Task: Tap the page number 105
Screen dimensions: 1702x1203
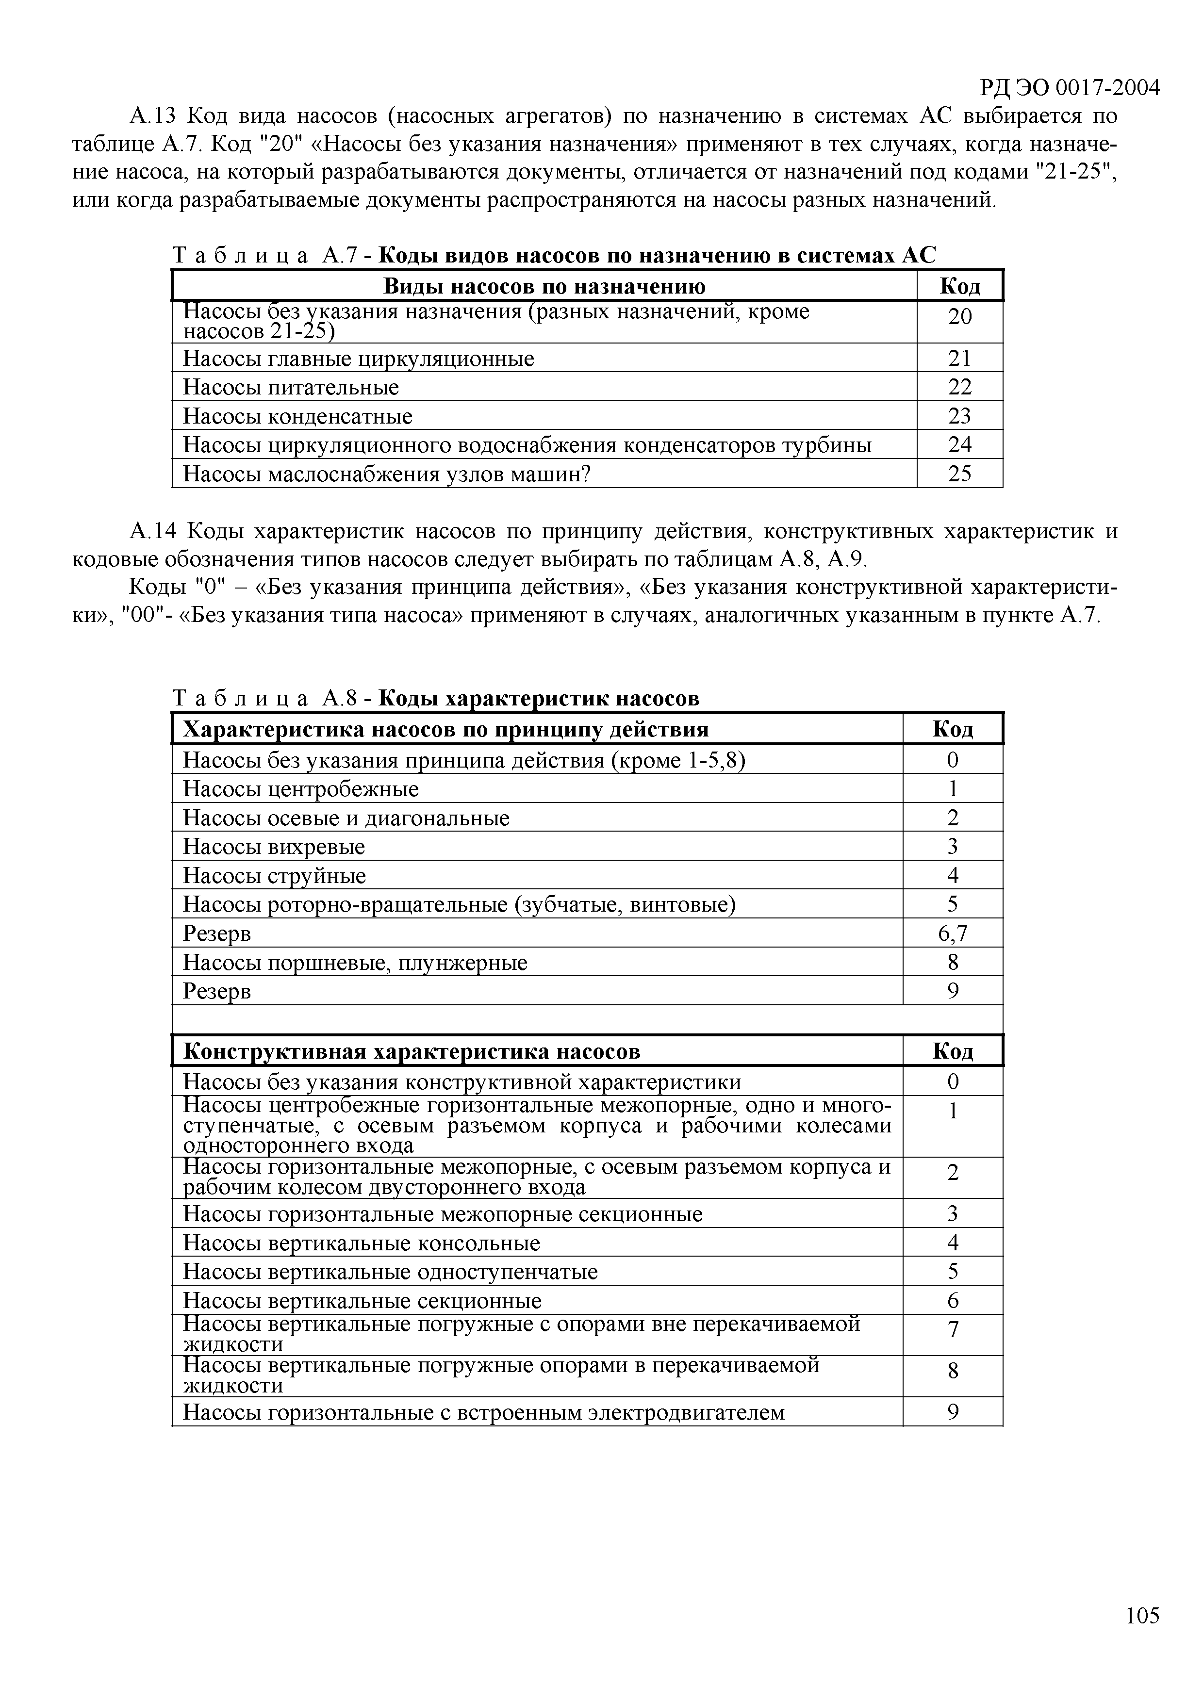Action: (x=1141, y=1615)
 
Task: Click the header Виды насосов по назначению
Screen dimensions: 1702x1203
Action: (x=544, y=286)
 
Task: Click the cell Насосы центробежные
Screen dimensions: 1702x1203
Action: (x=300, y=789)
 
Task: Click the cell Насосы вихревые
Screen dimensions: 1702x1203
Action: (x=274, y=847)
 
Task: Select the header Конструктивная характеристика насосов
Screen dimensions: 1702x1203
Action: (x=412, y=1051)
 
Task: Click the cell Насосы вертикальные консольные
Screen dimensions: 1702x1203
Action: (x=361, y=1243)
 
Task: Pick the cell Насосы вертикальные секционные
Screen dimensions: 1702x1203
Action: (x=362, y=1301)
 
